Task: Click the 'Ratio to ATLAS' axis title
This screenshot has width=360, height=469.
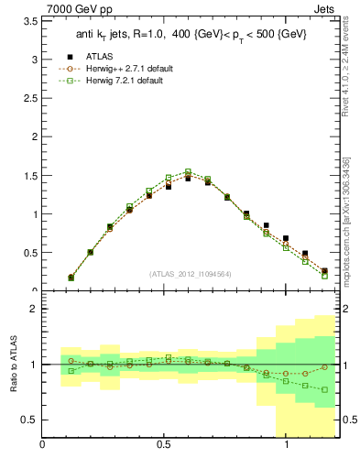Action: pyautogui.click(x=13, y=365)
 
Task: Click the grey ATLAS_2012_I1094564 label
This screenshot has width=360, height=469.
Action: pyautogui.click(x=191, y=273)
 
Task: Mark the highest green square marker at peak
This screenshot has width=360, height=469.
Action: pyautogui.click(x=188, y=171)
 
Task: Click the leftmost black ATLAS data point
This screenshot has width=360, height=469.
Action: pyautogui.click(x=71, y=277)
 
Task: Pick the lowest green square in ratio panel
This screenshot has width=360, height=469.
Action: pyautogui.click(x=324, y=390)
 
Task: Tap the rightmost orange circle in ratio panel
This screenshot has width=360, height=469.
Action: pyautogui.click(x=324, y=367)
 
